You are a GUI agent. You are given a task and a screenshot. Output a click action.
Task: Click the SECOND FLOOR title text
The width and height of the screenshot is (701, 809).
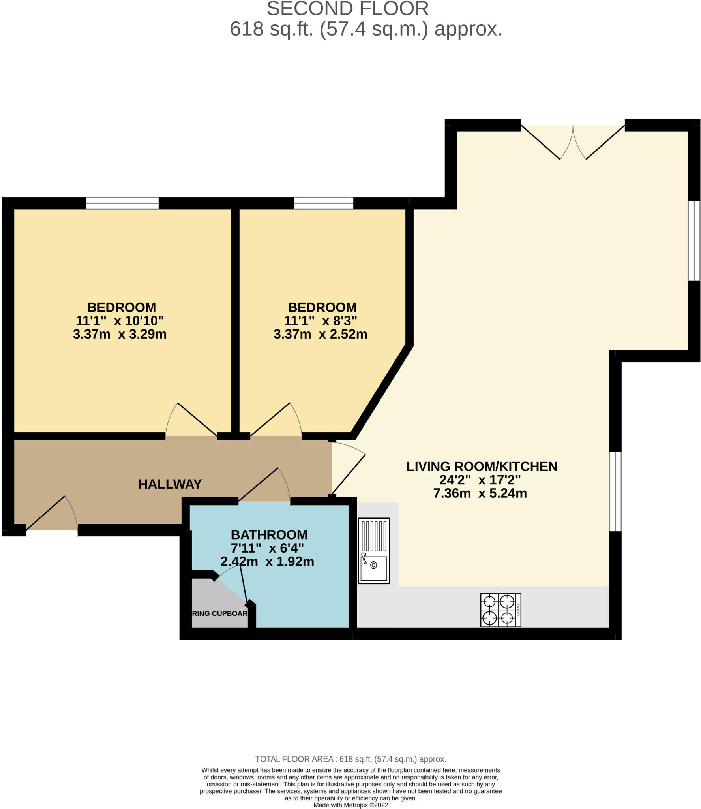(x=347, y=9)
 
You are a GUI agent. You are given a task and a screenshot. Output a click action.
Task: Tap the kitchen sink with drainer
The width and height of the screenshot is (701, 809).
(x=373, y=551)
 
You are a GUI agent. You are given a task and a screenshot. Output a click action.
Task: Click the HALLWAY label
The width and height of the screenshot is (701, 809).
(x=170, y=484)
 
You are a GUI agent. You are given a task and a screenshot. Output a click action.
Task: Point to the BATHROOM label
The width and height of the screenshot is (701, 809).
(x=269, y=534)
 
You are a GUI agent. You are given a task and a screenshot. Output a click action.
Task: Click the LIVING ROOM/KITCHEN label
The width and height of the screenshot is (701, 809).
(x=482, y=467)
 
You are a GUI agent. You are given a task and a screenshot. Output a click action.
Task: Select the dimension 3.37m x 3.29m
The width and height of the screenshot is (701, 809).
(x=120, y=334)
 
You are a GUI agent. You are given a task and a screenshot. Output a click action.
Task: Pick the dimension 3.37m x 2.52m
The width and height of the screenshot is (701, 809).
(x=320, y=334)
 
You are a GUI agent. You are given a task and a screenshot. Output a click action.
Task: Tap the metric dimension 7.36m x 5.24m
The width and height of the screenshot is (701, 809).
(x=480, y=493)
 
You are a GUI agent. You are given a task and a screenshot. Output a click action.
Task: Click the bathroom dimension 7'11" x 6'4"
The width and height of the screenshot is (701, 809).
(x=267, y=548)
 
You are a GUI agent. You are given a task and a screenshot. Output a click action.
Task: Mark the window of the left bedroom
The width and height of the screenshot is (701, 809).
(x=122, y=203)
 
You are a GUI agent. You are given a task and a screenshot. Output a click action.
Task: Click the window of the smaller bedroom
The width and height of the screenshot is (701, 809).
(x=324, y=203)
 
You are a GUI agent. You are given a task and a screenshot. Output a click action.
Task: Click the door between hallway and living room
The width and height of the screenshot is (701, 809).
(x=347, y=470)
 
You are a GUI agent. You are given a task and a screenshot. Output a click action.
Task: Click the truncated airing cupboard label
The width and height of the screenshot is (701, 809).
(x=219, y=613)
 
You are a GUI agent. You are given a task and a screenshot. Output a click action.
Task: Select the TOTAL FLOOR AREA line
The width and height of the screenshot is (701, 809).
(x=350, y=759)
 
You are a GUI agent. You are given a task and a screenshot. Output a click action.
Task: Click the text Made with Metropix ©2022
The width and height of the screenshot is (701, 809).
(x=350, y=805)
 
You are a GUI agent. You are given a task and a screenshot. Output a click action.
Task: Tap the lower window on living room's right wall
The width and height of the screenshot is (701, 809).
(x=615, y=491)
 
